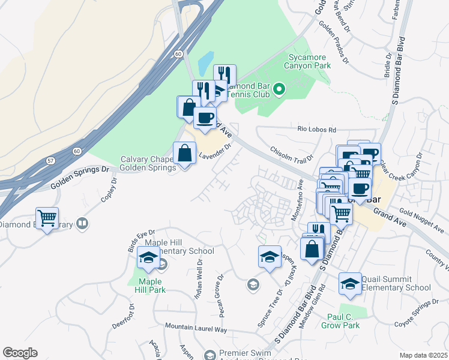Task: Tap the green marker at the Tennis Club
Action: pos(279,91)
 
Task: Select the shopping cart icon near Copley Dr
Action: pos(47,217)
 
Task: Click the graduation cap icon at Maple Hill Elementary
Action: pos(148,259)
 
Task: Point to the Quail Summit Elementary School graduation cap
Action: pos(350,284)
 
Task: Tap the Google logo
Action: pos(20,353)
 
